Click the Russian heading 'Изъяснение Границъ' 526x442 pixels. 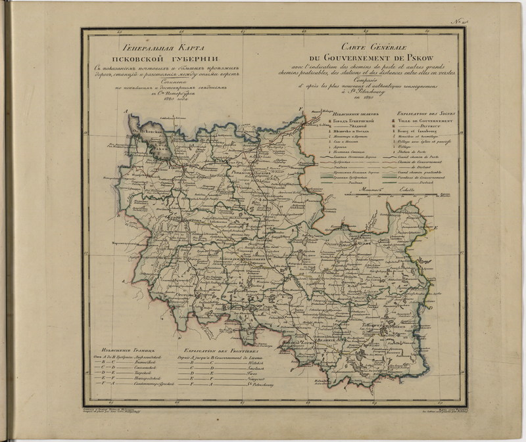(x=124, y=351)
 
